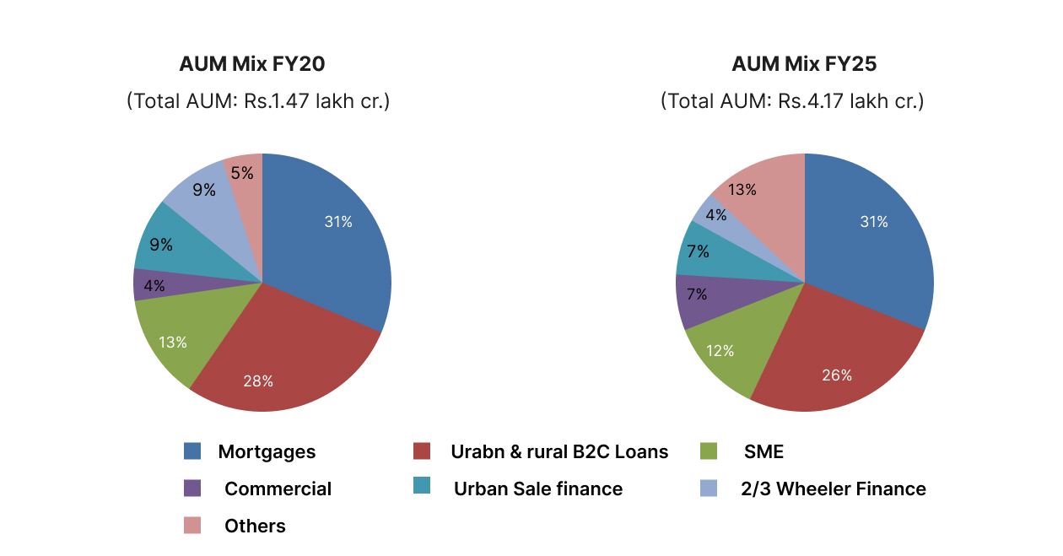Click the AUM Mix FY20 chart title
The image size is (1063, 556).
point(251,64)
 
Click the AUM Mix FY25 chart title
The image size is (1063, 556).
point(804,64)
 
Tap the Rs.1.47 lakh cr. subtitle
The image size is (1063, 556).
point(258,101)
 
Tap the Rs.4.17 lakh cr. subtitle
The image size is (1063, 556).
point(792,101)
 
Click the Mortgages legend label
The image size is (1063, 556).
point(267,451)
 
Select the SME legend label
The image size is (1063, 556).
point(764,451)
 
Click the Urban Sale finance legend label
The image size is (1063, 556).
point(538,489)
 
